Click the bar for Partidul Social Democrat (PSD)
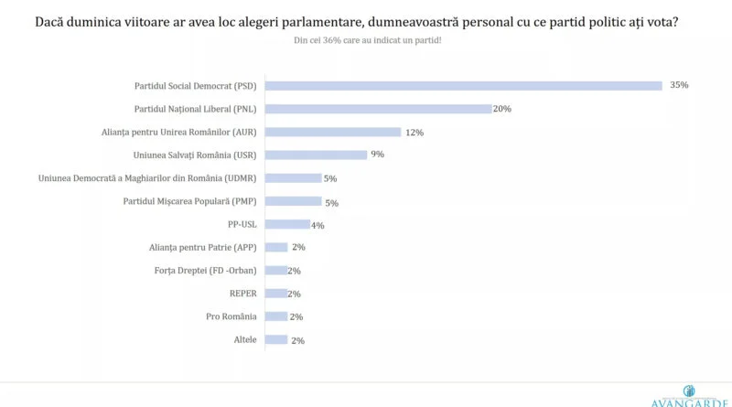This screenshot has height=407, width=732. pos(463,86)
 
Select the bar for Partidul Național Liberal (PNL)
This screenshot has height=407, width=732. pos(378,109)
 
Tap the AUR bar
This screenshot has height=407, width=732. pos(334,132)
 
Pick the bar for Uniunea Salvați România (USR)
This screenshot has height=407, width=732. pos(316,155)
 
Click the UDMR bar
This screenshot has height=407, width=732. pos(293,178)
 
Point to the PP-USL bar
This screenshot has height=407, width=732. pos(287,224)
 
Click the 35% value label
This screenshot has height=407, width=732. pos(678,85)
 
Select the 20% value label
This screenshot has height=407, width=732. pos(501,109)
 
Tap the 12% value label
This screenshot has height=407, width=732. pos(414,132)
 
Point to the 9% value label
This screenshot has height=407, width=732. pos(377,155)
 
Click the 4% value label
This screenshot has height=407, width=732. pos(318,225)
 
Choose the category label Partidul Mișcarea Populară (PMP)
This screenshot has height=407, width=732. pos(190,201)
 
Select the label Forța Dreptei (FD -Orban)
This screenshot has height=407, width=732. pos(206,271)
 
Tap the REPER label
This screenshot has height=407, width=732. pos(243,294)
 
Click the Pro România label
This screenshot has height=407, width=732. pos(230,316)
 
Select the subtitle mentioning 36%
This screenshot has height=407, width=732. pos(367,41)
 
